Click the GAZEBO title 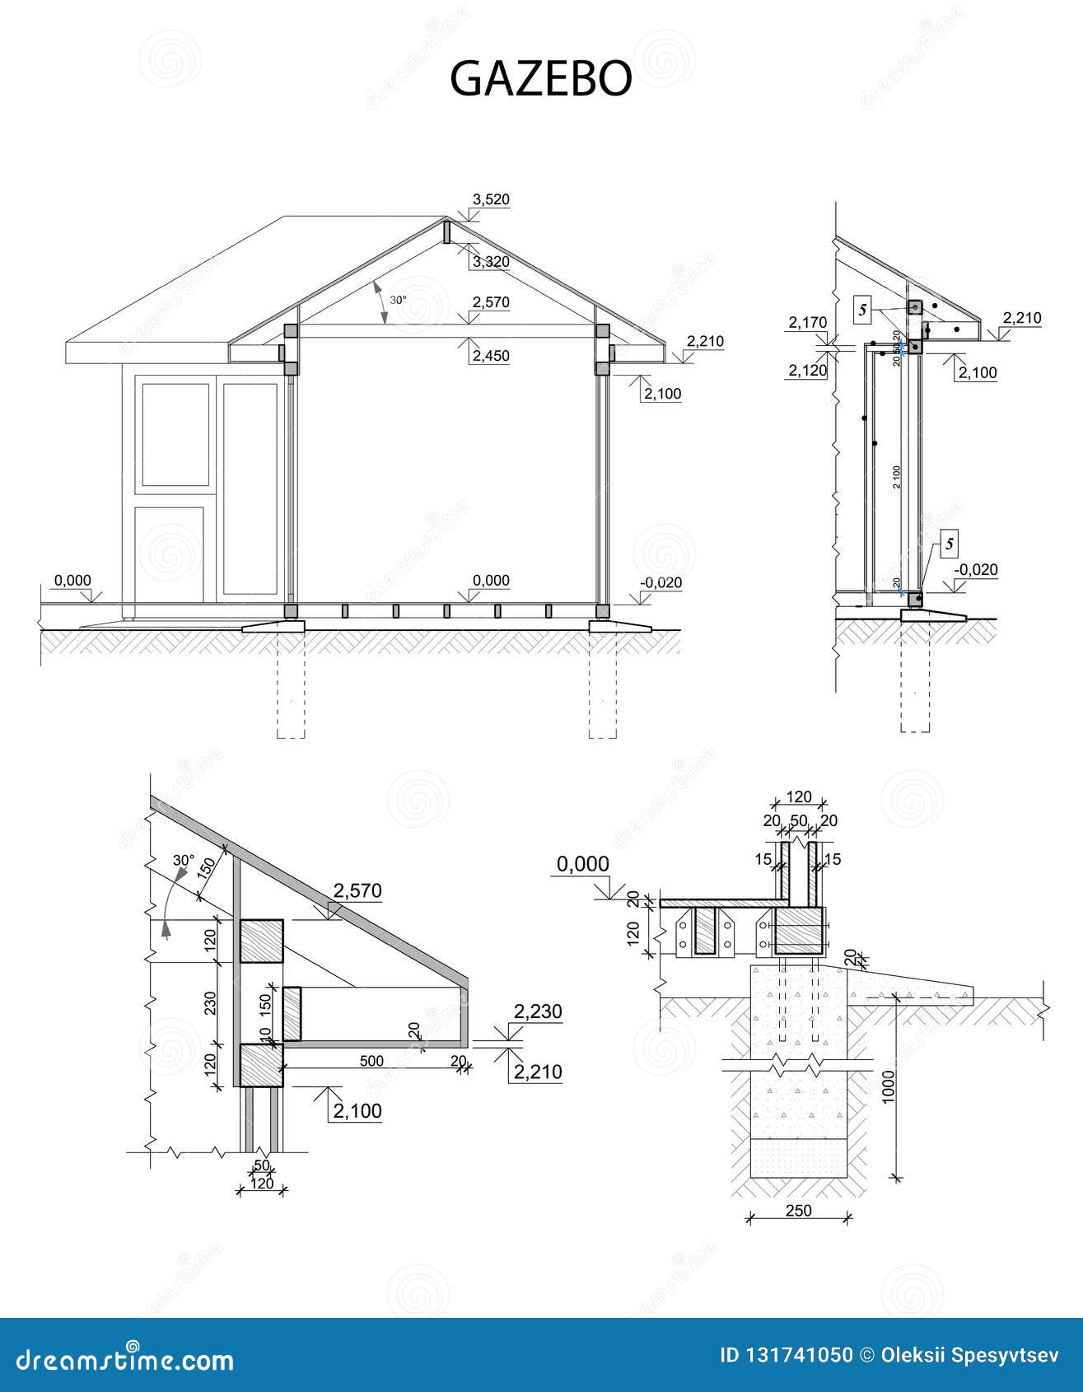pyautogui.click(x=540, y=78)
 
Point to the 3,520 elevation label pyautogui.click(x=491, y=199)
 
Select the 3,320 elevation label pyautogui.click(x=491, y=262)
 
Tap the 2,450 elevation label pyautogui.click(x=491, y=356)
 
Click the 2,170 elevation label pyautogui.click(x=807, y=322)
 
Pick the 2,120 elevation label pyautogui.click(x=807, y=371)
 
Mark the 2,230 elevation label pyautogui.click(x=538, y=1011)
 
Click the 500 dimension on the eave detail pyautogui.click(x=371, y=1061)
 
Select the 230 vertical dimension pyautogui.click(x=209, y=1002)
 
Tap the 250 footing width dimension pyautogui.click(x=798, y=1211)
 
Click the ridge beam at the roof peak pyautogui.click(x=446, y=232)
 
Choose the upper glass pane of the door pyautogui.click(x=175, y=435)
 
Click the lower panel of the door pyautogui.click(x=169, y=554)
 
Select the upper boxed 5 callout pyautogui.click(x=863, y=310)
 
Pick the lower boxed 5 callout pyautogui.click(x=950, y=544)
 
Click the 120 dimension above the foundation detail pyautogui.click(x=799, y=797)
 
